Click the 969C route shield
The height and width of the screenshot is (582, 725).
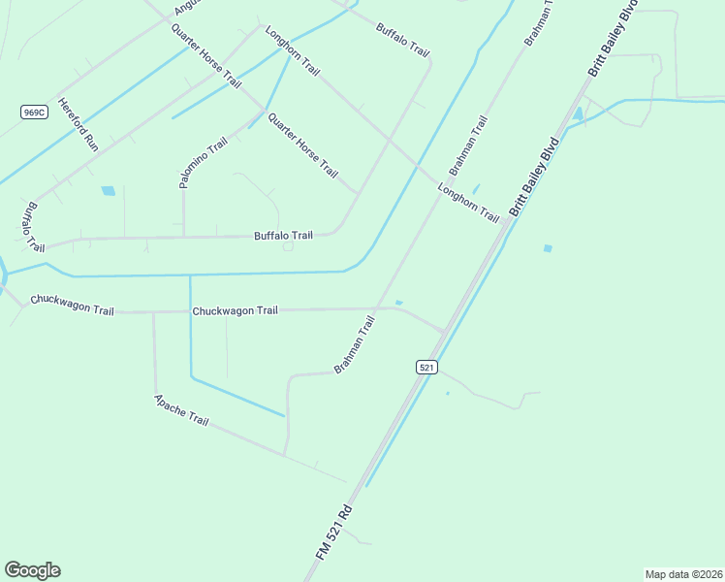tap(34, 113)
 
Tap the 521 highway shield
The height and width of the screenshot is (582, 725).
tap(427, 367)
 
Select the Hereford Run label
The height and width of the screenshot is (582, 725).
tap(79, 124)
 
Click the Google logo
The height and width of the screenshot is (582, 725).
tap(32, 570)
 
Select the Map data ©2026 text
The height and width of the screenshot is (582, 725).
tap(683, 574)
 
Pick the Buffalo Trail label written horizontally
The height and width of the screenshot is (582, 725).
tap(283, 236)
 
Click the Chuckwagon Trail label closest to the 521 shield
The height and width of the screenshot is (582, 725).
tap(235, 310)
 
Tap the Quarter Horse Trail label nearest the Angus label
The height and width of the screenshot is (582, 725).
tap(205, 56)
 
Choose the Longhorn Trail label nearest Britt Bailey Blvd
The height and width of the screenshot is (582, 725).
tap(468, 202)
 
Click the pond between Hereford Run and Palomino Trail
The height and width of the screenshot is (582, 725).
tap(108, 191)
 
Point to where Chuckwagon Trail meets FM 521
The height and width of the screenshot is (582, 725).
tap(445, 332)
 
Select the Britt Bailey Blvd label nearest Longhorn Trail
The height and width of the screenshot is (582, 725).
tap(535, 181)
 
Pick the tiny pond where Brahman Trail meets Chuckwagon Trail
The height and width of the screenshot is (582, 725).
tap(398, 303)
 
